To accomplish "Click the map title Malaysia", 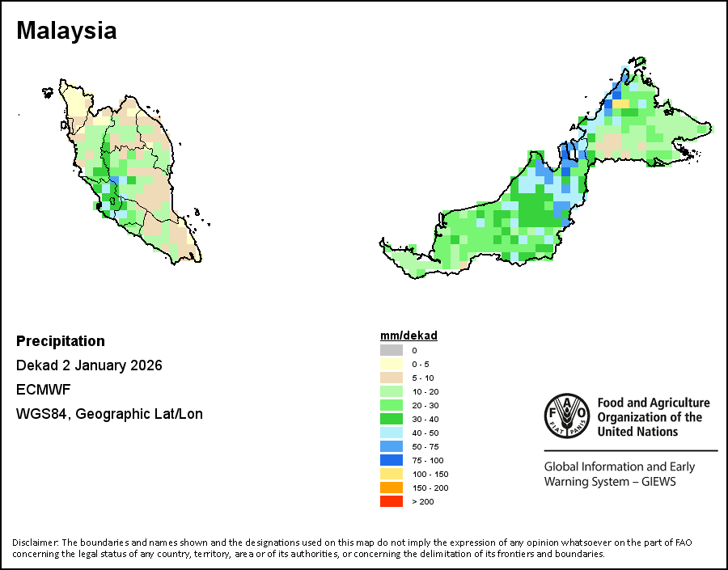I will tap(66, 32).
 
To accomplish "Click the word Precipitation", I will tap(61, 341).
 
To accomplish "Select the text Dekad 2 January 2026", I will tap(89, 365).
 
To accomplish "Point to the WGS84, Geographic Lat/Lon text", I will tap(109, 414).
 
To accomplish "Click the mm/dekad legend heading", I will tap(408, 336).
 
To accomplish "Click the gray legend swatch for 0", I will tap(392, 350).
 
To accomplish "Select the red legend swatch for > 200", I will tap(392, 501).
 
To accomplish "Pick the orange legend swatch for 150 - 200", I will tap(392, 488).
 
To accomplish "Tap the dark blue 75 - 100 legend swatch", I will tap(392, 460).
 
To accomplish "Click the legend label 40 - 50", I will tap(425, 433).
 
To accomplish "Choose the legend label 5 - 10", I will tap(422, 378).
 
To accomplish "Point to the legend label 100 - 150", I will tap(429, 474).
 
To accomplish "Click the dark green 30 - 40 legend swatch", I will tap(392, 419).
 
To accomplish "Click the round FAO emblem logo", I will tap(566, 416).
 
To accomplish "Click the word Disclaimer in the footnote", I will tap(35, 542).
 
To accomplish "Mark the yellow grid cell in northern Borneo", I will tap(621, 103).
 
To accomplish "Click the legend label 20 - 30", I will tap(425, 405).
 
